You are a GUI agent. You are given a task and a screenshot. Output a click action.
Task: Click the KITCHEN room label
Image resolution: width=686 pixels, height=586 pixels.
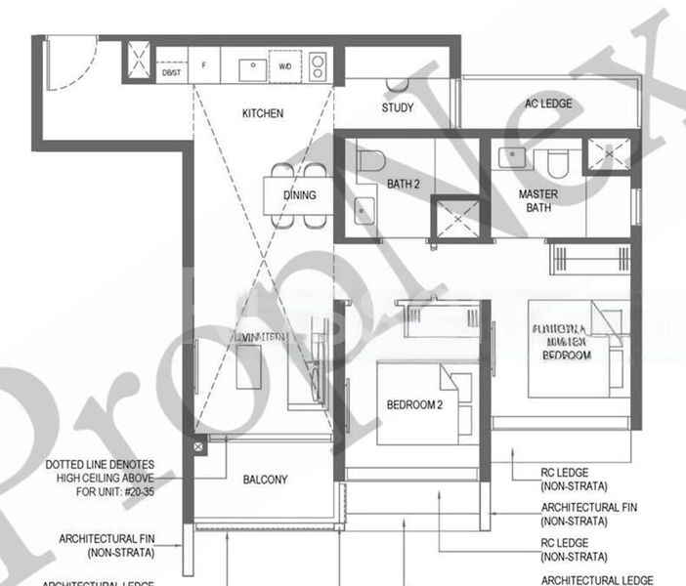click(x=263, y=114)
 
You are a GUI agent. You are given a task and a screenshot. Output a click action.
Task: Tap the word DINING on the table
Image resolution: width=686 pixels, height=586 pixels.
click(x=300, y=195)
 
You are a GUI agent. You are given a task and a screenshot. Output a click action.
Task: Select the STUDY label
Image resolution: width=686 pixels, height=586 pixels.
click(x=398, y=108)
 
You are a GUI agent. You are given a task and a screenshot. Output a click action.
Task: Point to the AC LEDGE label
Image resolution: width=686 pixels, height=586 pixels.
click(x=548, y=105)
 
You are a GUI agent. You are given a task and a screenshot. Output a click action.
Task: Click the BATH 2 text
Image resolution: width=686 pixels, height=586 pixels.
click(x=403, y=183)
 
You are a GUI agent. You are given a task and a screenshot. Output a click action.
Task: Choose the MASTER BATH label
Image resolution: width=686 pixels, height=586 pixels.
click(x=537, y=201)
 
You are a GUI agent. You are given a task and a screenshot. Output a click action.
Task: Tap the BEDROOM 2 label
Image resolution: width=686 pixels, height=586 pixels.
click(x=414, y=404)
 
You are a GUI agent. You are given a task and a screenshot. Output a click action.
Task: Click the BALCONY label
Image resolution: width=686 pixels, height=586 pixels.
click(x=265, y=480)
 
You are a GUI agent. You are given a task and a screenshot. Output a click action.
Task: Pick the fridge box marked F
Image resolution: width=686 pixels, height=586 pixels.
click(x=204, y=66)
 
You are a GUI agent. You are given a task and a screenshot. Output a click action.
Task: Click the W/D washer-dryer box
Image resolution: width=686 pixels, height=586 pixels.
click(x=285, y=66)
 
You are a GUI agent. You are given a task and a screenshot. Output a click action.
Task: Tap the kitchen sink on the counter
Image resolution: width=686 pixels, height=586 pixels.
click(x=252, y=66)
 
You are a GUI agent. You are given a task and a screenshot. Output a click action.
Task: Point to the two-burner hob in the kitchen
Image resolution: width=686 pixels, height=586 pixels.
click(x=319, y=66)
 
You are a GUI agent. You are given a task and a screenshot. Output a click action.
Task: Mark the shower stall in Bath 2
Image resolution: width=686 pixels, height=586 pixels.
click(x=454, y=217)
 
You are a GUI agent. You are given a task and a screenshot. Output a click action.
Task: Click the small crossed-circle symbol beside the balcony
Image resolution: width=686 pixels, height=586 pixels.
click(x=198, y=446)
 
